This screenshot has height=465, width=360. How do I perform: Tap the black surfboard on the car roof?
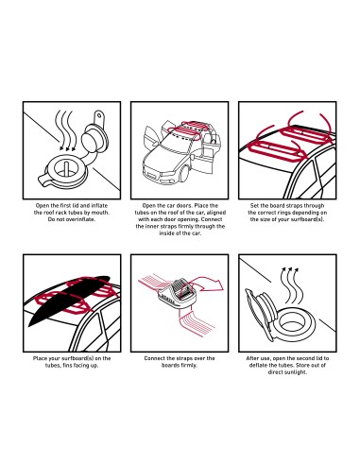(x=69, y=300)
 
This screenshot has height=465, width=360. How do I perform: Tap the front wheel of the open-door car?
(x=184, y=173)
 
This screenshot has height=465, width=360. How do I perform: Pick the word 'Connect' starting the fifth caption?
(x=154, y=358)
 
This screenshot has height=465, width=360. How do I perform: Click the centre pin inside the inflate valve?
(x=66, y=168)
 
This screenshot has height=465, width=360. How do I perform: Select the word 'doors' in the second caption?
(x=183, y=206)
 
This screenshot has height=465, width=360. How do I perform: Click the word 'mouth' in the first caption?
(x=100, y=213)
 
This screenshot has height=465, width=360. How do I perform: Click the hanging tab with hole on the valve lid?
(x=99, y=117)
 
